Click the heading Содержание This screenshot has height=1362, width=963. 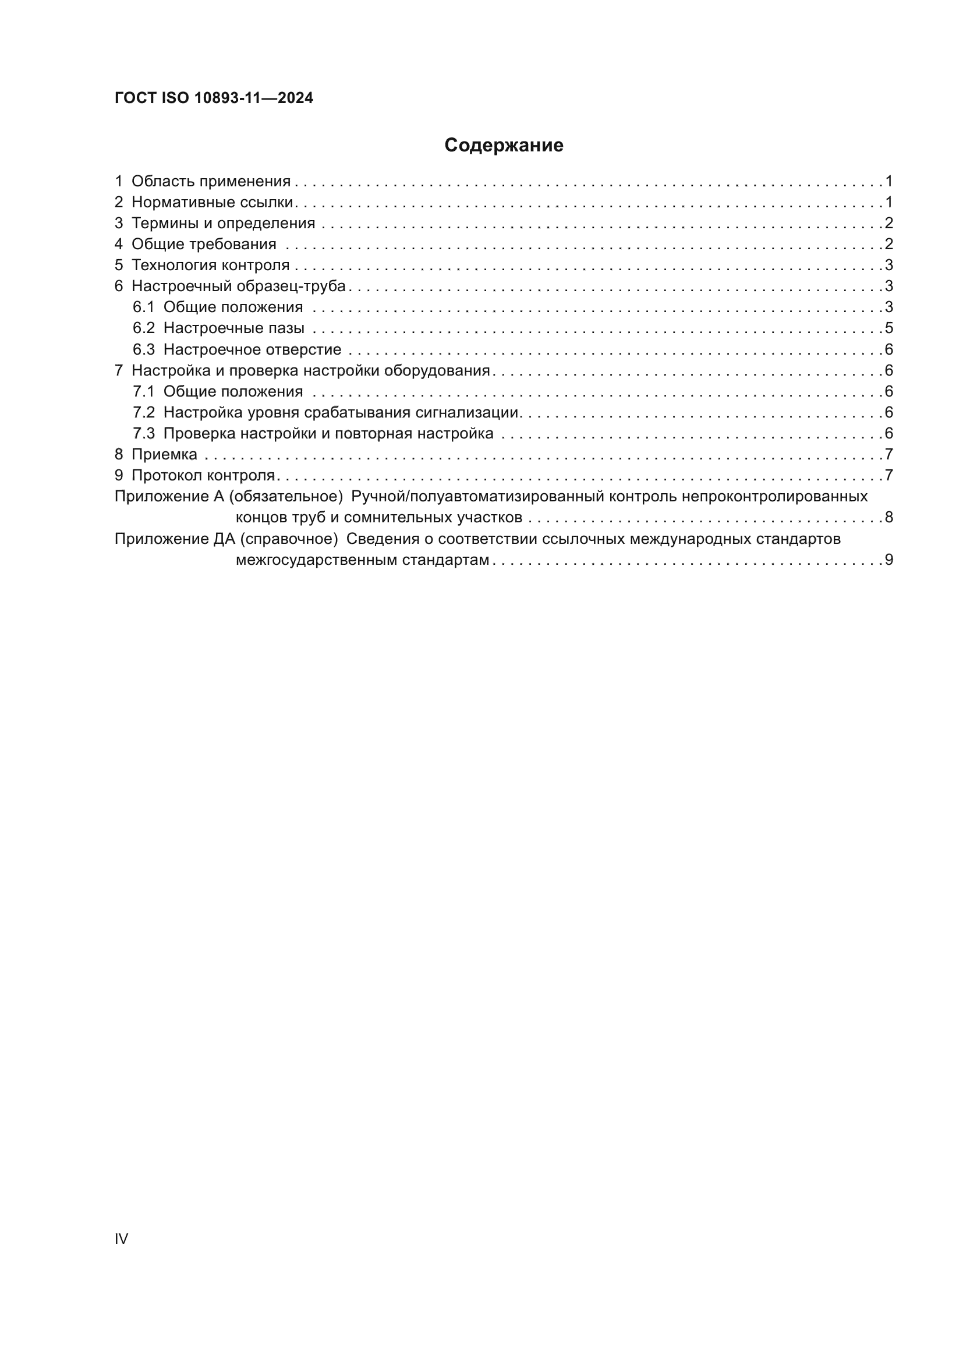504,146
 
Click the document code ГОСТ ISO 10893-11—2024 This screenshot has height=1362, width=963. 214,98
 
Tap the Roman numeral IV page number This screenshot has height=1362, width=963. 121,1239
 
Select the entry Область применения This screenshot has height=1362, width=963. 211,182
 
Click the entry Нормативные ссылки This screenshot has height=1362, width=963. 213,202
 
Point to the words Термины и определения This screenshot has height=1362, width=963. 223,223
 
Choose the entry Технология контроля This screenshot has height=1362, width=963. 210,265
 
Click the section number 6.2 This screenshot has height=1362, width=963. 143,328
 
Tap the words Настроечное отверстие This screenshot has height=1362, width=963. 252,349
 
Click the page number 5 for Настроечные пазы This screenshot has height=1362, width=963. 888,328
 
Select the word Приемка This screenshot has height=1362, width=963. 164,454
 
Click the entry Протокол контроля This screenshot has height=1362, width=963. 203,475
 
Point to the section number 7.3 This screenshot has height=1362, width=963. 143,434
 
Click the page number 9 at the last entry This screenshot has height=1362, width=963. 888,560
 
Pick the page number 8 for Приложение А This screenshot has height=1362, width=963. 888,517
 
